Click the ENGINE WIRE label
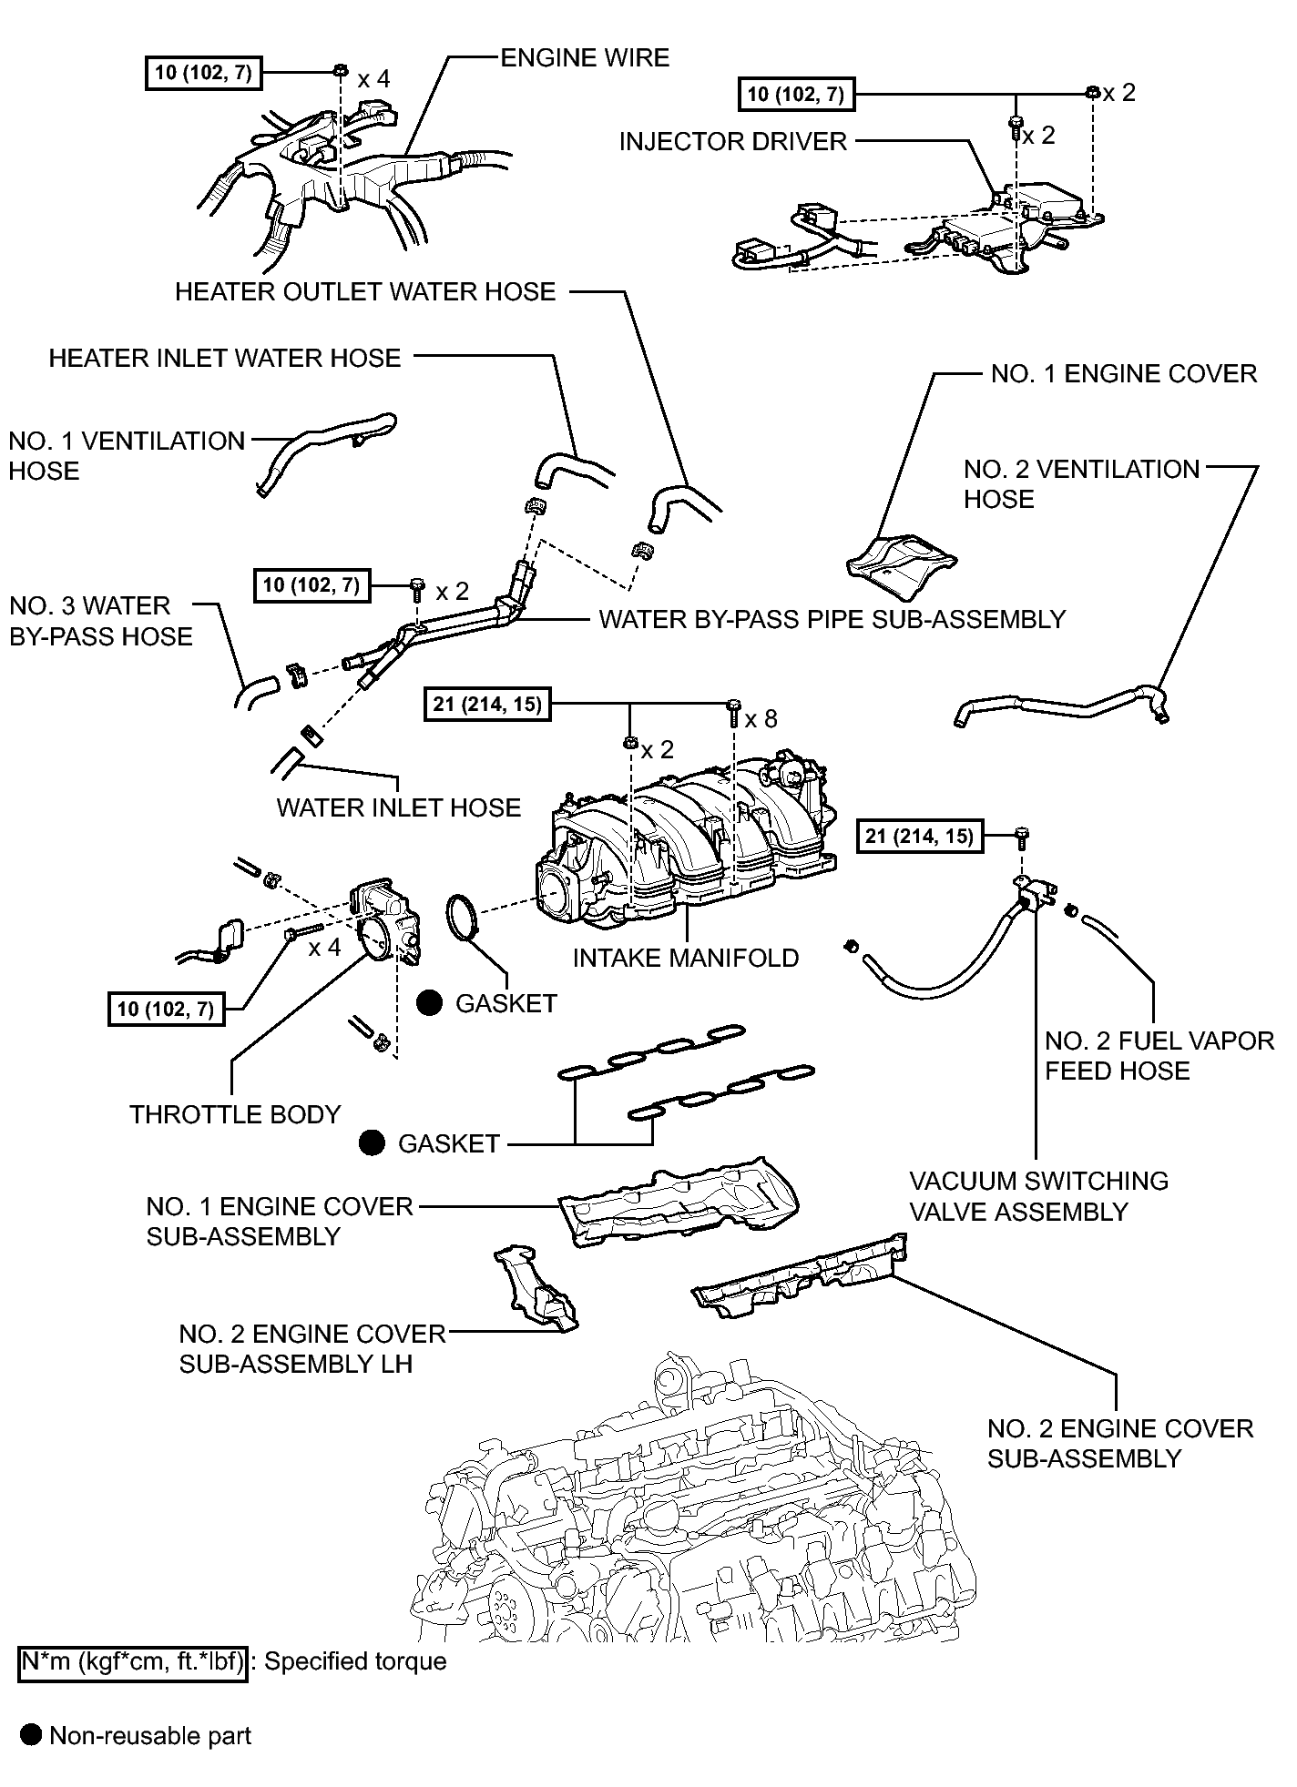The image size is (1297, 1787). click(585, 57)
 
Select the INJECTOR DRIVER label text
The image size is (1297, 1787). click(733, 141)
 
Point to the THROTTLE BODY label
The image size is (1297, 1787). click(235, 1114)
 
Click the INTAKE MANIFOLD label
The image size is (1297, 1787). click(686, 958)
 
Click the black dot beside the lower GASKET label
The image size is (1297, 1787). click(372, 1143)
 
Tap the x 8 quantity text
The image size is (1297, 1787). click(761, 719)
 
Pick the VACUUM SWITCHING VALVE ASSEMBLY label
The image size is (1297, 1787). click(1039, 1196)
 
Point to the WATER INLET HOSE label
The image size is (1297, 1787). click(399, 807)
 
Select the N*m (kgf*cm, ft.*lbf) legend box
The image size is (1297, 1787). click(133, 1661)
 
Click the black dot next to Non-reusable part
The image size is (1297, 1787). click(31, 1736)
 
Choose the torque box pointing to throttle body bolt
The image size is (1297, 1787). click(166, 1009)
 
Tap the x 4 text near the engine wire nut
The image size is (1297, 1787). click(373, 79)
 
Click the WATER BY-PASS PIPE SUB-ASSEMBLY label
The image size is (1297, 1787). click(832, 619)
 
